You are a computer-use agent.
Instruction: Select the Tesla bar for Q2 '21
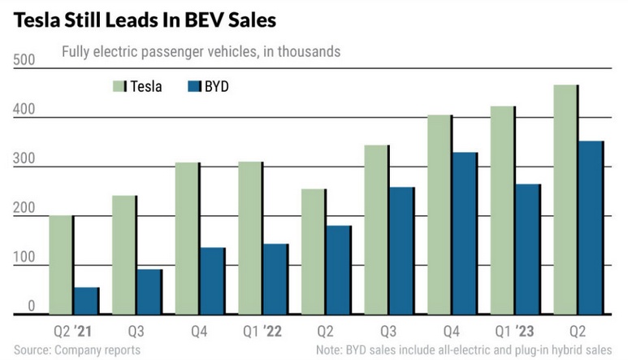coord(61,264)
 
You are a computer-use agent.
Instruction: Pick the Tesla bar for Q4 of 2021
coord(187,237)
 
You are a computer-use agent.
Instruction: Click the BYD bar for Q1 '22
coord(275,278)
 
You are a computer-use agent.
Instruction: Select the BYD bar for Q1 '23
coord(529,249)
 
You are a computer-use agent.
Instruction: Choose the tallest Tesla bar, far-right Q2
coord(566,199)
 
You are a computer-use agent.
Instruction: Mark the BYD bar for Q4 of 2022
coord(466,232)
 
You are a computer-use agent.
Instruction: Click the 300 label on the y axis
coord(25,159)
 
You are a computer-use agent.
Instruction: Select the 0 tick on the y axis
coord(32,306)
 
